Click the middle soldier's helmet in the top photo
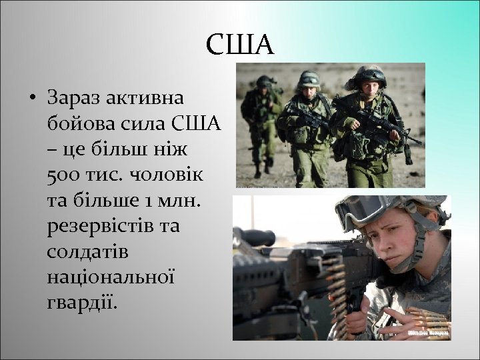(309, 79)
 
